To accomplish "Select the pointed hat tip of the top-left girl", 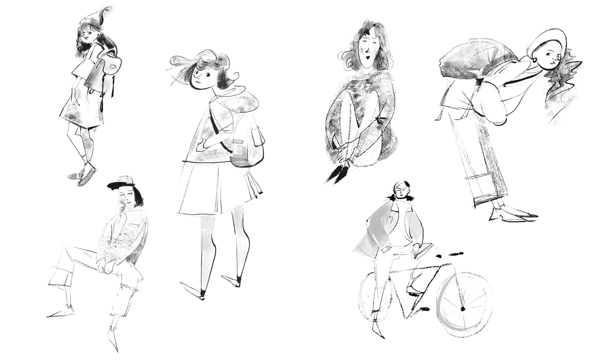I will (108, 11).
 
